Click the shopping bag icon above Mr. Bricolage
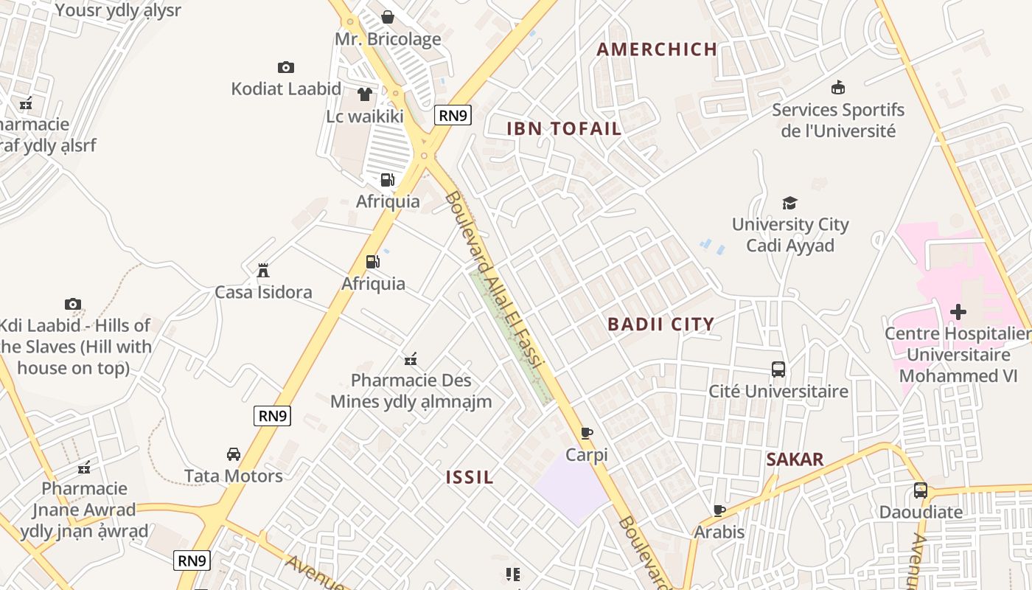(387, 17)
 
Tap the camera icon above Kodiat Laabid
(286, 67)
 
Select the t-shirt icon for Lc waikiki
(365, 94)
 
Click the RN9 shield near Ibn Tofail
(453, 115)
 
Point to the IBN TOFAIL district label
(564, 128)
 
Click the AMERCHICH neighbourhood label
(657, 49)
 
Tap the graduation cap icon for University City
(789, 203)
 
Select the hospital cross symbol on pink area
(958, 312)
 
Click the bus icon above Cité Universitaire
(778, 369)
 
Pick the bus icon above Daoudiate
(920, 490)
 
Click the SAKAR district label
(795, 459)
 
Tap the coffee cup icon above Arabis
(719, 510)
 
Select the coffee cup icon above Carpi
(586, 433)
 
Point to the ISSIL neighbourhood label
(470, 477)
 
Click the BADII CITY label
(660, 324)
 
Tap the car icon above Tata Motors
(233, 454)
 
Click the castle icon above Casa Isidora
(262, 271)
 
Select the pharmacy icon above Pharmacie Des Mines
(411, 359)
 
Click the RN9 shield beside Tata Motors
(272, 416)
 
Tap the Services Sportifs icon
(837, 88)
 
